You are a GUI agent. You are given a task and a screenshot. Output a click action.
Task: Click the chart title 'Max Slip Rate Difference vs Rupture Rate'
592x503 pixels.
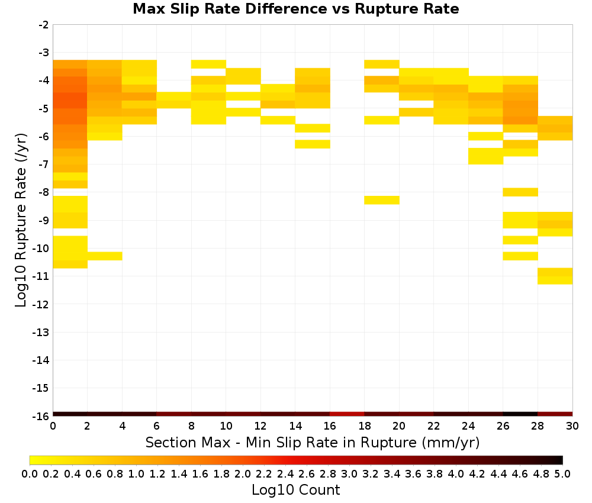(295, 9)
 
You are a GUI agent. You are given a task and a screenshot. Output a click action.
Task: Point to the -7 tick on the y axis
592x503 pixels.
(44, 164)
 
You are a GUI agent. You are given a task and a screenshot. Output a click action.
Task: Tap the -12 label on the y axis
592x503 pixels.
(42, 304)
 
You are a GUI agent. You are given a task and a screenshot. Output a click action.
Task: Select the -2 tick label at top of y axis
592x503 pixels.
(44, 25)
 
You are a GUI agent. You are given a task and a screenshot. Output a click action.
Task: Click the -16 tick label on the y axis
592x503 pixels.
(42, 416)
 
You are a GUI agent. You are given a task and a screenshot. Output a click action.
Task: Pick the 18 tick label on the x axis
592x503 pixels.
(364, 426)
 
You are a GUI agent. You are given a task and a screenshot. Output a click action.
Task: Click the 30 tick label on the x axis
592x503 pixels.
(572, 426)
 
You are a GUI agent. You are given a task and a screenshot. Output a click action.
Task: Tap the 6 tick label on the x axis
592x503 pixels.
(157, 426)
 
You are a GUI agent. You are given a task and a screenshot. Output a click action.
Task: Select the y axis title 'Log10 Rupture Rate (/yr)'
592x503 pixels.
(21, 220)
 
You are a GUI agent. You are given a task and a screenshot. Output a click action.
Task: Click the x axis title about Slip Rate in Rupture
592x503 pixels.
(313, 443)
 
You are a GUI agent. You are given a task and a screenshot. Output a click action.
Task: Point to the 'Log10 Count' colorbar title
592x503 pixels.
(295, 490)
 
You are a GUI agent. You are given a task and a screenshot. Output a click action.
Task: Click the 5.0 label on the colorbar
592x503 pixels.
(562, 473)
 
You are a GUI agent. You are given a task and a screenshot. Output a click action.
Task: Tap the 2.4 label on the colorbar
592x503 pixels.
(285, 473)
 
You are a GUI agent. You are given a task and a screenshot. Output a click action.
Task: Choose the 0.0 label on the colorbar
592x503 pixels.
(30, 473)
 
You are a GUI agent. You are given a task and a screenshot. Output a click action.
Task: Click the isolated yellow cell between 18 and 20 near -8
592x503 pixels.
(382, 200)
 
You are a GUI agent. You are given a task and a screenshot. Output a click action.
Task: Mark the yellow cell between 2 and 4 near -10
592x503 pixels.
(105, 256)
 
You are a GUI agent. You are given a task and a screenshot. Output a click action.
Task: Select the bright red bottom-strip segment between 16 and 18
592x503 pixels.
(347, 414)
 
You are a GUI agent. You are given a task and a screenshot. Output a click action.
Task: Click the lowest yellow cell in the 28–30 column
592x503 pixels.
(555, 280)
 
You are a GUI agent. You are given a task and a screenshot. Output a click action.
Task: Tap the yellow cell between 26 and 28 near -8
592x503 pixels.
(520, 192)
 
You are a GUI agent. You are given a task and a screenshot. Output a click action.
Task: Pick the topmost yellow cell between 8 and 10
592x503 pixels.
(208, 64)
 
